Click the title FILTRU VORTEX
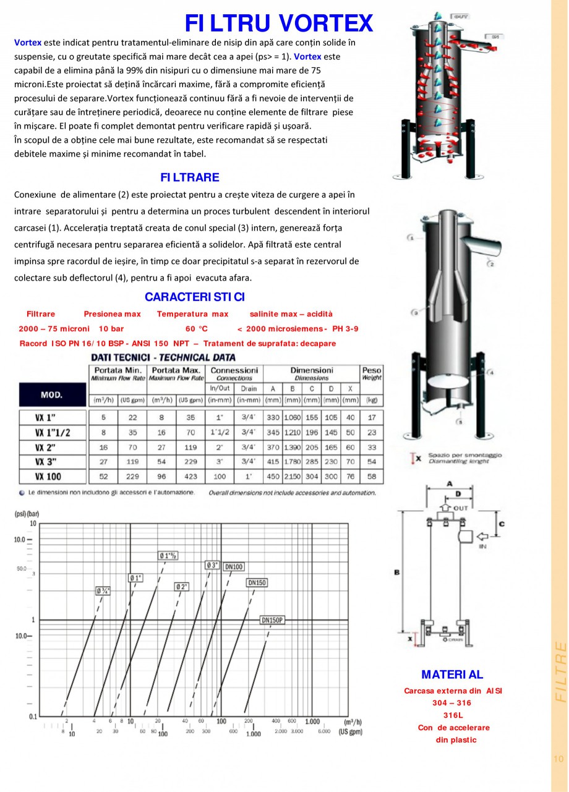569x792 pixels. [279, 23]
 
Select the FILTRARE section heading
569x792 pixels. [190, 177]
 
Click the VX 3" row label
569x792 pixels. [51, 462]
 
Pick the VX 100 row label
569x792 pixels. [53, 477]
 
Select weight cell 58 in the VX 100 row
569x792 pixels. [372, 477]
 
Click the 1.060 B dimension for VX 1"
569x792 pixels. [293, 418]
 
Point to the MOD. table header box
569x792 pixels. [51, 394]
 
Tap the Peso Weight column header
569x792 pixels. [372, 373]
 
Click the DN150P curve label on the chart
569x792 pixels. [272, 620]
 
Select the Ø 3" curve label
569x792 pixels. [212, 565]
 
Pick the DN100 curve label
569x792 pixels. [234, 566]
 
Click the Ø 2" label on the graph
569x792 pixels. [182, 586]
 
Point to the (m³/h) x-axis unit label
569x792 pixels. [352, 722]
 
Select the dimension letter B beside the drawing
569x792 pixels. [396, 573]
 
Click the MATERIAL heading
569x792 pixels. [452, 675]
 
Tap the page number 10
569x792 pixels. [559, 759]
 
